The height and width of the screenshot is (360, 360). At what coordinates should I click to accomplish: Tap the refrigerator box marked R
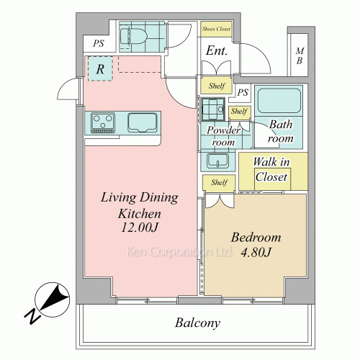coord(100,68)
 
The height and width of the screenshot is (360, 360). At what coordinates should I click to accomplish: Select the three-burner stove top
coord(103,123)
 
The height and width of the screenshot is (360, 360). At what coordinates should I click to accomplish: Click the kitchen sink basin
coord(143,122)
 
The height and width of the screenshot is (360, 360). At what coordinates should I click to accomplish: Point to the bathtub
coord(279,101)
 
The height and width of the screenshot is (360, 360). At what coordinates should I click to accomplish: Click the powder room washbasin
coord(217,161)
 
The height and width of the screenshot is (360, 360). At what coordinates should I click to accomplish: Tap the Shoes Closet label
coord(216,29)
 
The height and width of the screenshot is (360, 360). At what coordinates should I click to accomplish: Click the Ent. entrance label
coord(217,50)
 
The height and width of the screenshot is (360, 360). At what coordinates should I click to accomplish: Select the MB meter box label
coord(300,55)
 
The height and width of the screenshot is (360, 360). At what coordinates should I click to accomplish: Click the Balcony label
coord(197,323)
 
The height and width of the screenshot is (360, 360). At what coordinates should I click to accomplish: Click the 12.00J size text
coord(140,228)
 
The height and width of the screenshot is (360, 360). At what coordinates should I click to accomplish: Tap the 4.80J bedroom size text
coord(256,252)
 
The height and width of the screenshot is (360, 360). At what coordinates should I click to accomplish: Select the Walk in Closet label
coord(271,169)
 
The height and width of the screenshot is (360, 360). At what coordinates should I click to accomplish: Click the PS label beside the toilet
coord(99,43)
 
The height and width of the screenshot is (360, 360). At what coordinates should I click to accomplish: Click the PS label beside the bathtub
coord(243,92)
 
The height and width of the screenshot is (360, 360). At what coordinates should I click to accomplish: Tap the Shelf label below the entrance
coord(217,86)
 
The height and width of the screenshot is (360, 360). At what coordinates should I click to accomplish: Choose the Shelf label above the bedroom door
coord(219,182)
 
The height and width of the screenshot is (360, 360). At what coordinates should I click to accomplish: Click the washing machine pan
coord(212,109)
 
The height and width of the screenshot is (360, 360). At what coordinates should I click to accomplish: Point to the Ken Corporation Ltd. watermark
coord(179,251)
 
